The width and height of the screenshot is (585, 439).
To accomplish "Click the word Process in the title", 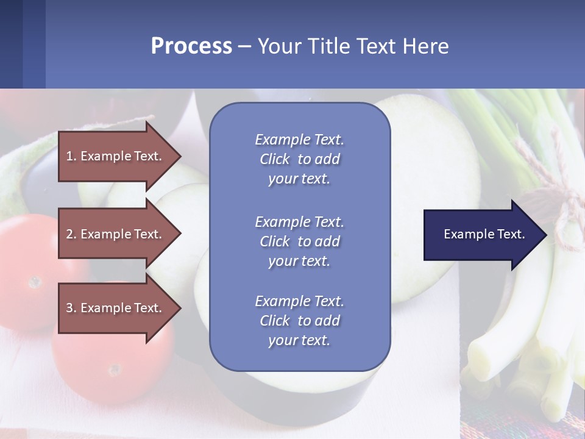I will coord(191,46).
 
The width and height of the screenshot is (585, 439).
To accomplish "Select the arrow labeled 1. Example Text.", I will coord(116,156).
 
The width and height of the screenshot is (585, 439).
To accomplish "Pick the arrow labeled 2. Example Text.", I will coord(116,234).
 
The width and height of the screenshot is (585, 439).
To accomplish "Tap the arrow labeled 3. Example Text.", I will coord(116,308).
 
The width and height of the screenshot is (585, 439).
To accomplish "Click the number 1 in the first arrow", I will coord(69,156).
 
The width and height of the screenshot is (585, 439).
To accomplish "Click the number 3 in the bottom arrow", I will coord(69,308).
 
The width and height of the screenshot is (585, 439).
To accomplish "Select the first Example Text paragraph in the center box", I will coord(299,159).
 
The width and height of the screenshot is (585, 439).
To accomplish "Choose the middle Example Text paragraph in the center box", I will coord(299,241).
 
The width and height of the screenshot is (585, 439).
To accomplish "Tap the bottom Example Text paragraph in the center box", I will coord(299,321).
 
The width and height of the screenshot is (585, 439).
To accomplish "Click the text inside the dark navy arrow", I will coord(484,234).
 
